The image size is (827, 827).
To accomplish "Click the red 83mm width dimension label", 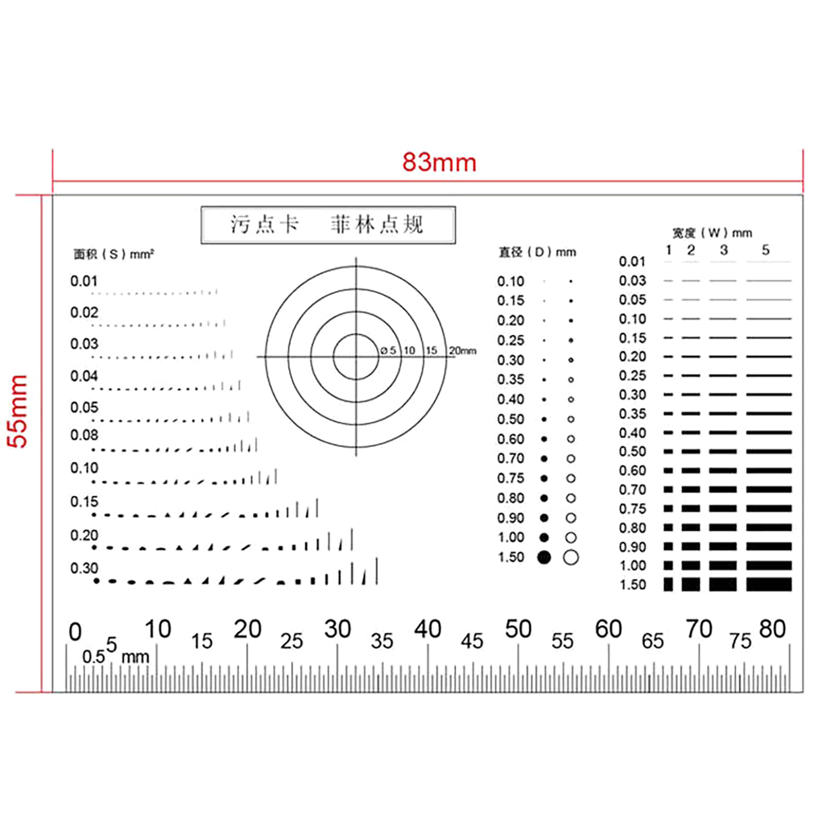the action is tap(439, 162).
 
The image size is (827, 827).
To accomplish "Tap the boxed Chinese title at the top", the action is tap(328, 225).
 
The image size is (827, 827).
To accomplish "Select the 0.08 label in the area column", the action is tap(84, 435).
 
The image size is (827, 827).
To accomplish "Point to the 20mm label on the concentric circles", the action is tap(463, 350).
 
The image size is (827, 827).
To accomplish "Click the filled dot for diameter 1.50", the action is tap(544, 557).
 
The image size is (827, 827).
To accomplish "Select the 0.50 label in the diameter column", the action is tap(511, 419).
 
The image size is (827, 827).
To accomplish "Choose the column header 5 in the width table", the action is tap(765, 250).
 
